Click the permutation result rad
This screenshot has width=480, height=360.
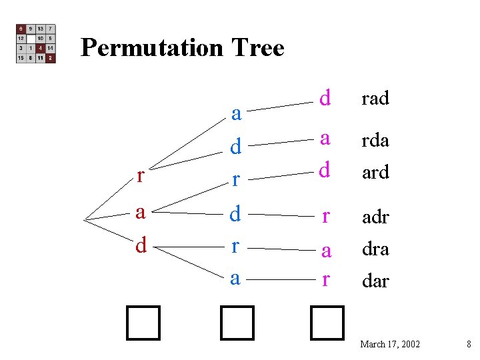pos(375,99)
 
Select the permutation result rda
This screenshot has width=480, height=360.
pos(375,141)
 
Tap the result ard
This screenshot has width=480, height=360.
pos(375,173)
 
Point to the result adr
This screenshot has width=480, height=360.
pos(375,217)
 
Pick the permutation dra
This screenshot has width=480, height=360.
pos(375,249)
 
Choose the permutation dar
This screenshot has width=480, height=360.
pos(375,281)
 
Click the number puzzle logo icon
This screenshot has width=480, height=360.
pos(36,44)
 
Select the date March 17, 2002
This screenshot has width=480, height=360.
pos(390,344)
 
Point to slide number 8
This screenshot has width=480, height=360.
pos(469,344)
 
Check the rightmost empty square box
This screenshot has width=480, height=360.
pos(327,323)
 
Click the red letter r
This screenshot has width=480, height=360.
pos(140,176)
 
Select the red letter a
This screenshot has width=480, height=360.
pos(140,213)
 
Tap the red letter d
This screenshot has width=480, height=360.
pos(140,246)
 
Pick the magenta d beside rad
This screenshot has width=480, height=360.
pos(325,98)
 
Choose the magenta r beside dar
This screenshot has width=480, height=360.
pos(325,280)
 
